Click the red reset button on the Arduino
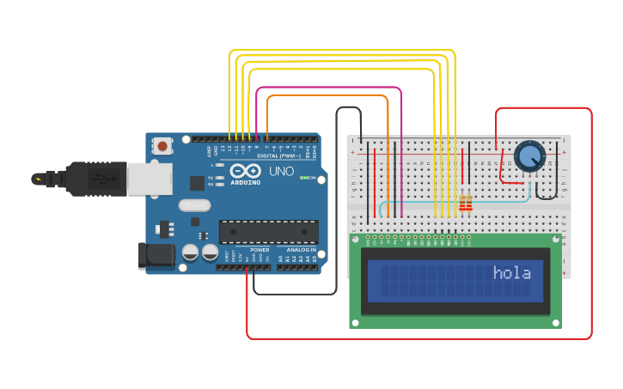(162, 147)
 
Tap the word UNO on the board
(282, 172)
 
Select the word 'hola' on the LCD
(511, 273)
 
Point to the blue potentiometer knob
(529, 156)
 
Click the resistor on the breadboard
(466, 203)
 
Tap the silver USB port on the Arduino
(147, 178)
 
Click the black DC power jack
(156, 255)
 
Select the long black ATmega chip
(268, 232)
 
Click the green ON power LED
(315, 179)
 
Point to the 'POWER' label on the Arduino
(260, 250)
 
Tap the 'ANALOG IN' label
(301, 250)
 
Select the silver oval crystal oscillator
(195, 205)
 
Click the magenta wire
(327, 88)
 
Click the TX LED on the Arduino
(221, 178)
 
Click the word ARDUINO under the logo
(246, 182)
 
